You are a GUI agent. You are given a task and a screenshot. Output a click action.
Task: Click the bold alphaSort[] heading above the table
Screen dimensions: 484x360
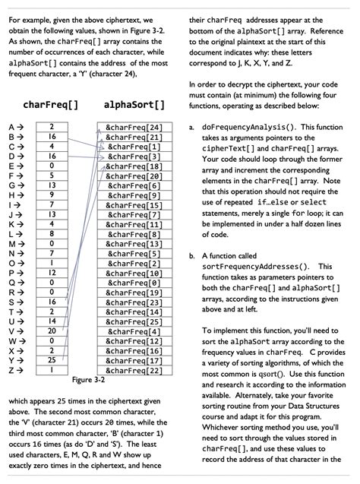coord(132,103)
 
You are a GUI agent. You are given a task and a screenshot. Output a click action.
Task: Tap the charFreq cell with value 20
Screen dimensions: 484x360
coord(51,331)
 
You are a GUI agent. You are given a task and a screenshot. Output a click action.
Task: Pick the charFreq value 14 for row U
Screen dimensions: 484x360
coord(51,321)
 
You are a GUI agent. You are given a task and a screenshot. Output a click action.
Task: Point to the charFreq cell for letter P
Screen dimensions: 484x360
coord(51,272)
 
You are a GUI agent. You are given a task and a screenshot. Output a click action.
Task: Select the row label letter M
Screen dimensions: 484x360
coord(11,243)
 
